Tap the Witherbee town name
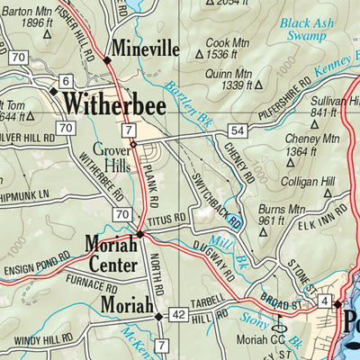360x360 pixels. pos(114,103)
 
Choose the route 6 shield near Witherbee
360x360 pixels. pos(65,82)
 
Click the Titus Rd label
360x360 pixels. pos(169,217)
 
